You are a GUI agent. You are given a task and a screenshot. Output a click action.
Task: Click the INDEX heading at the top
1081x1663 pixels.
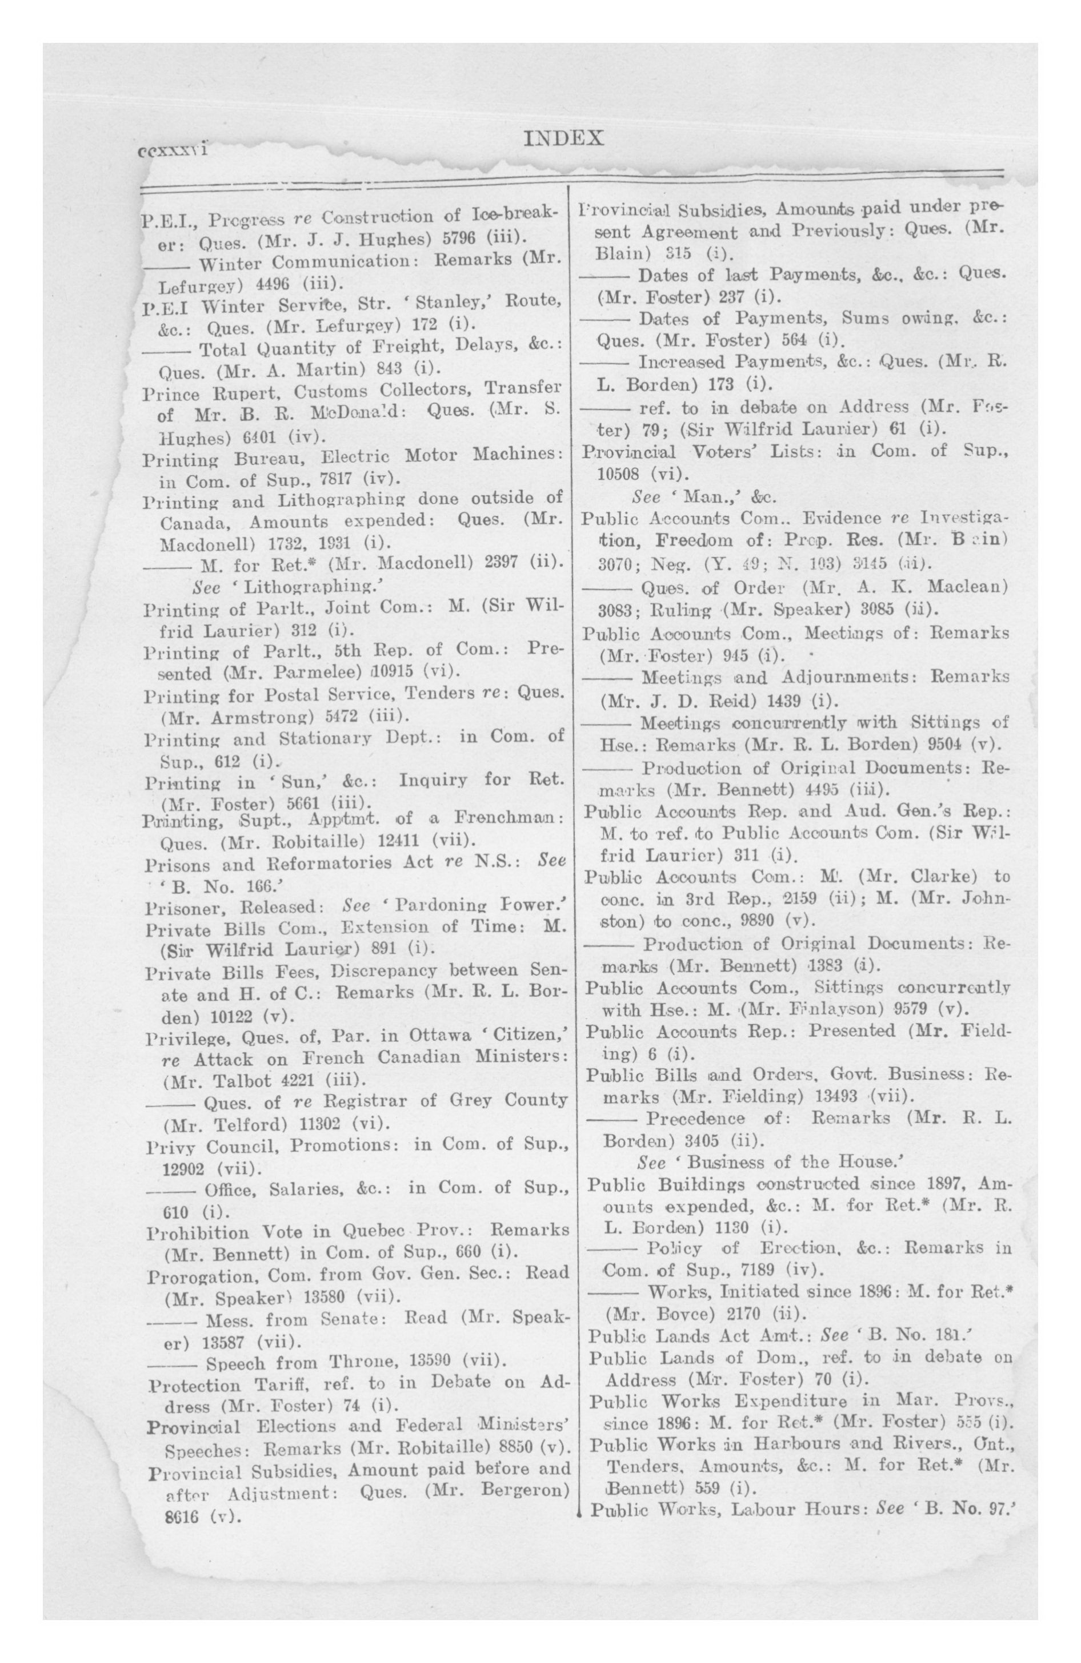[563, 138]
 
